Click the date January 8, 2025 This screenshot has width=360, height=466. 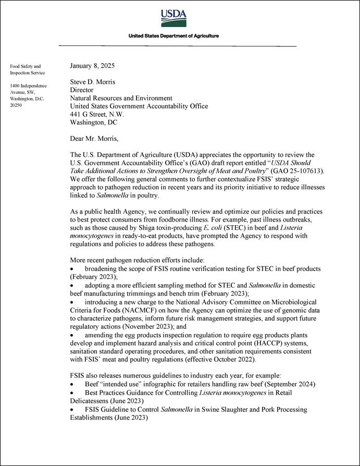(93, 66)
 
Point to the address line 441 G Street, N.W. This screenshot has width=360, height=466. (97, 114)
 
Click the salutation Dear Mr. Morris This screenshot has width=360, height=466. (94, 139)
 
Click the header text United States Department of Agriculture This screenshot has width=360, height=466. (174, 36)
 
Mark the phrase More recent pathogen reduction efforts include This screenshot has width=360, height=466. (137, 260)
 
